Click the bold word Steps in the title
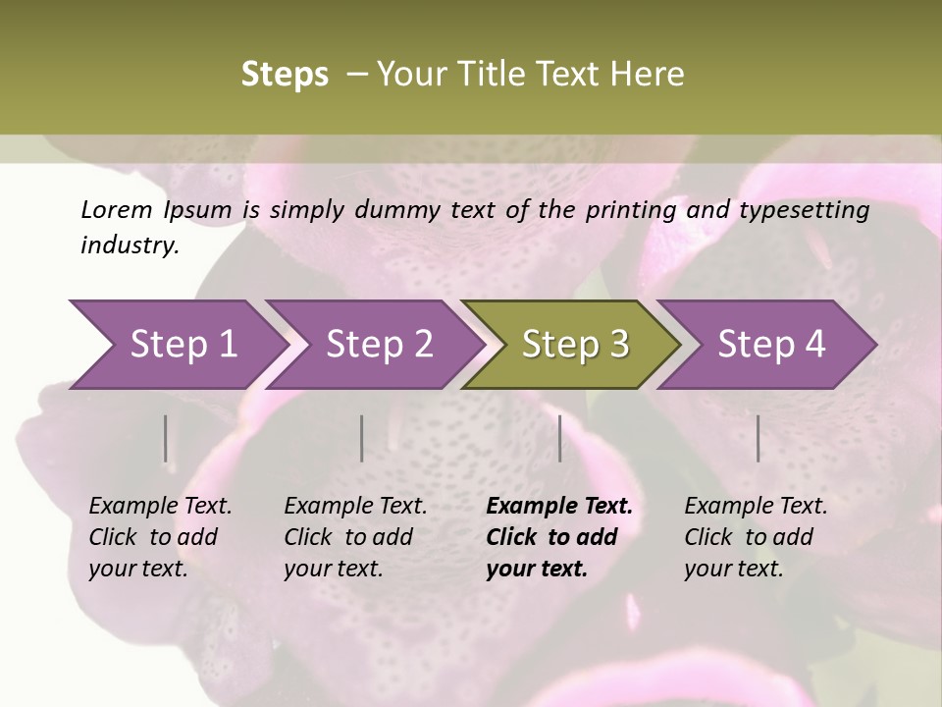tap(285, 75)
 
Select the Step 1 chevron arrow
tap(177, 345)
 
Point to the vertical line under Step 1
tap(165, 438)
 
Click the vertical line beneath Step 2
tap(362, 438)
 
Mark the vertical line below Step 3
tap(560, 438)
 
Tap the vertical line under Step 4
tap(759, 438)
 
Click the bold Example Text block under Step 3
tap(559, 537)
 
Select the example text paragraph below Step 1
tap(160, 537)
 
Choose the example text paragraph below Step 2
tap(355, 537)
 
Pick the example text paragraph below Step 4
tap(756, 537)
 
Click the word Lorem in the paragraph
tap(117, 210)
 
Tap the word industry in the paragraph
tap(130, 245)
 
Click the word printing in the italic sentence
tap(632, 210)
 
